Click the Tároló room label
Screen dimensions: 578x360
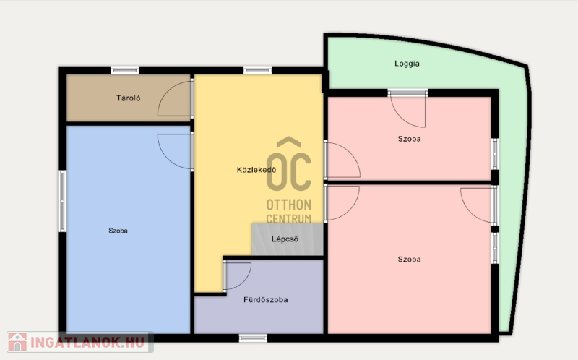click(129, 98)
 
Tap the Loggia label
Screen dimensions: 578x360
click(407, 64)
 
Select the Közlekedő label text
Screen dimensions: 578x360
click(256, 170)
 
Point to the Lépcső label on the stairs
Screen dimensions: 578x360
click(285, 239)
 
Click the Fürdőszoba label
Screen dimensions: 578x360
click(265, 300)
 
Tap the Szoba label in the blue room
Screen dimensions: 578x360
click(118, 231)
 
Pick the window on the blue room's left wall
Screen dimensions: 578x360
click(62, 201)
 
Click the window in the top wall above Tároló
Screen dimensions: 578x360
click(125, 70)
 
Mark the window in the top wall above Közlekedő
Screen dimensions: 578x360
click(258, 70)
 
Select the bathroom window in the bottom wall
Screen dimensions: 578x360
click(253, 338)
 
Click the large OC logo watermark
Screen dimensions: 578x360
click(288, 164)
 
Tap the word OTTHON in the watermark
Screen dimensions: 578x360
click(288, 205)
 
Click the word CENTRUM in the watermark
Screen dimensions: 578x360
click(288, 219)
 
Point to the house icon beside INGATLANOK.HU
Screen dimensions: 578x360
click(17, 342)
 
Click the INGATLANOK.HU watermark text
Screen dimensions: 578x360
click(87, 343)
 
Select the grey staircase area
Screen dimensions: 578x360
click(288, 239)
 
